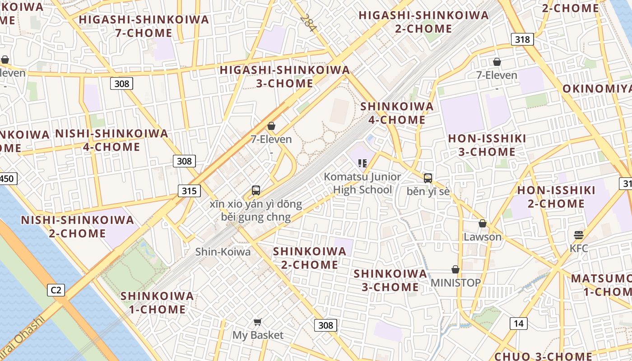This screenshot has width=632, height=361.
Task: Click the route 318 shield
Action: (522, 39)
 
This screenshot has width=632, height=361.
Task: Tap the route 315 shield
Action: (189, 191)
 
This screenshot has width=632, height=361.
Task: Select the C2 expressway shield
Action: (56, 290)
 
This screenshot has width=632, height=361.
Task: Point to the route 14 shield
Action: (519, 323)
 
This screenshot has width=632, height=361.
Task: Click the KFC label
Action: (579, 248)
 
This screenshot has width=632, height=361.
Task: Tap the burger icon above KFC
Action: (579, 235)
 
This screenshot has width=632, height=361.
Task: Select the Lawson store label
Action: (483, 237)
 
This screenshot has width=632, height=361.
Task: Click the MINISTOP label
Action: (455, 283)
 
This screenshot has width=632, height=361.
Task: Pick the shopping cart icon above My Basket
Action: (257, 322)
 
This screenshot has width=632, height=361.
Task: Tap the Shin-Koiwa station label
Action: (223, 252)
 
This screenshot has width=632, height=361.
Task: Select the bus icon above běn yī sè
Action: (428, 178)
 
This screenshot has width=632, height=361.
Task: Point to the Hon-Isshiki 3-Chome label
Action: (487, 145)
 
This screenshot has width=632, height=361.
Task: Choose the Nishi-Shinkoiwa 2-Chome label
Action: (78, 227)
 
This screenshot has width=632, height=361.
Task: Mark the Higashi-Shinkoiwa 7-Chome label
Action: (144, 26)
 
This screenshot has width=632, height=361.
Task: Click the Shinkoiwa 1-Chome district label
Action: (157, 303)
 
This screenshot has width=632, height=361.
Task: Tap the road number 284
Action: (308, 23)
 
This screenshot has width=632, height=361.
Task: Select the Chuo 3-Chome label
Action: (543, 356)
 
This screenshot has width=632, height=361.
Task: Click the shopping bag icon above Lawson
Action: (483, 223)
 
